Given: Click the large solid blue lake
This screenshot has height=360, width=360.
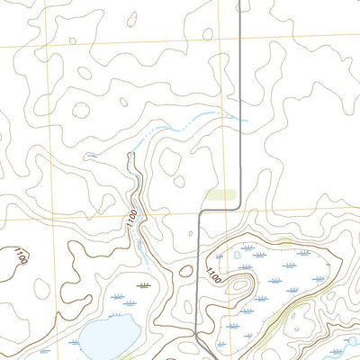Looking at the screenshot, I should click(103, 338).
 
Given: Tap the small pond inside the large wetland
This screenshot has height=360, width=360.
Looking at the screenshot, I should click(238, 255).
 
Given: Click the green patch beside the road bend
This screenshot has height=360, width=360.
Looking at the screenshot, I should click(220, 193).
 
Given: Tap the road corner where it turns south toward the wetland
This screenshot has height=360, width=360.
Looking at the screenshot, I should click(199, 212).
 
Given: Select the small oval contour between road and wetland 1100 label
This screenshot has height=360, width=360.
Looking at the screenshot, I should click(185, 270).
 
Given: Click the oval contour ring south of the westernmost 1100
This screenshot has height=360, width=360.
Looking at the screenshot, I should click(41, 287).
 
